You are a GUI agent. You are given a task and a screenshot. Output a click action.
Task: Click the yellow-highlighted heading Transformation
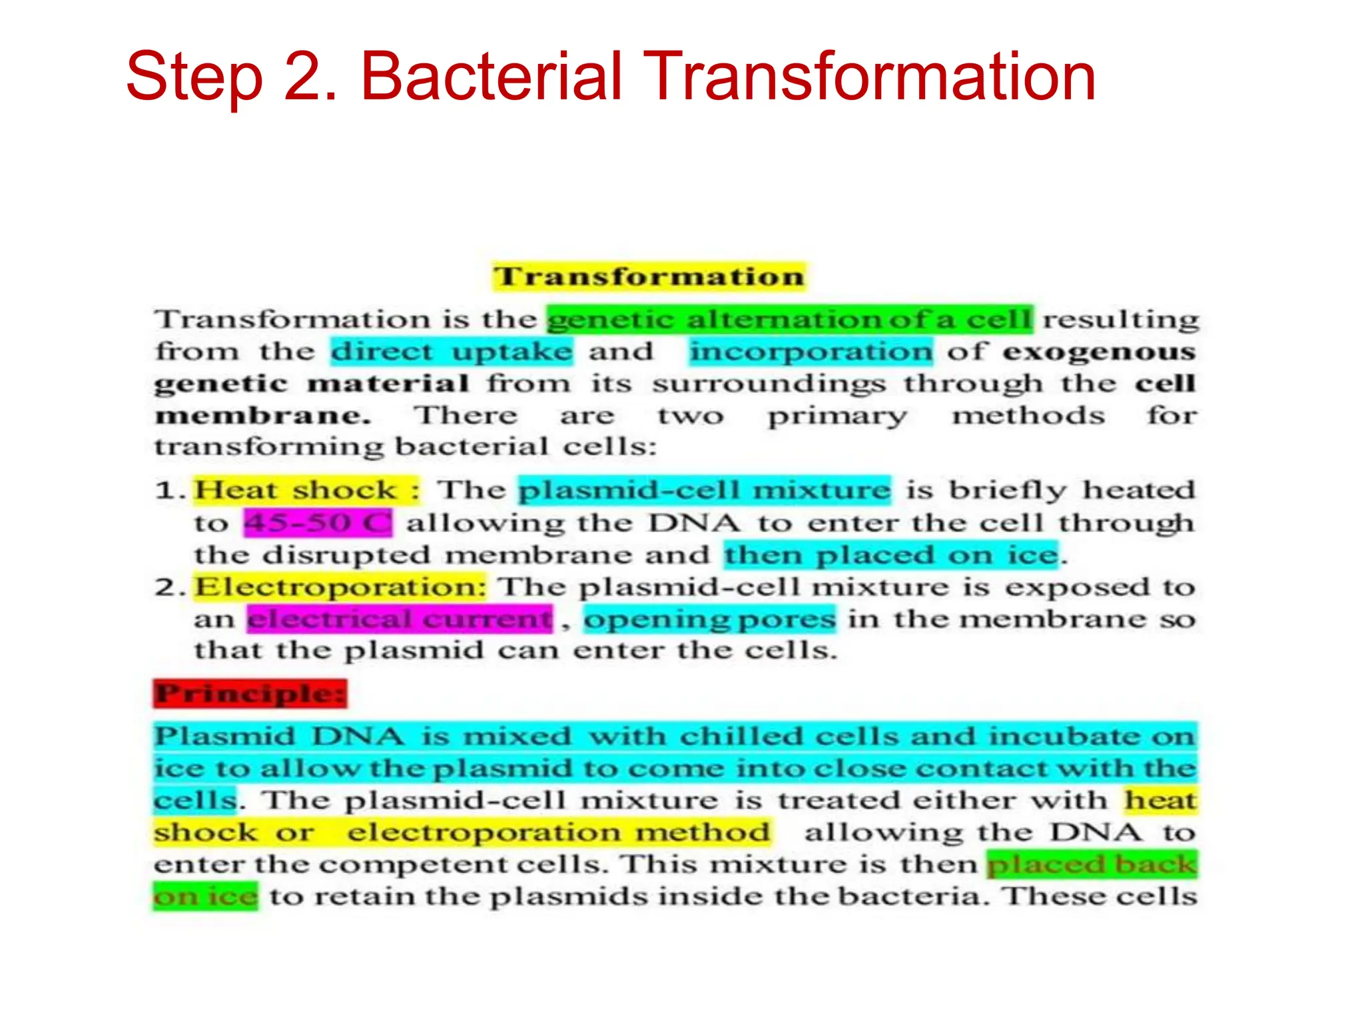[649, 276]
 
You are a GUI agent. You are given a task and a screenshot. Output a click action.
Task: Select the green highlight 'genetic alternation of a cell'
[790, 320]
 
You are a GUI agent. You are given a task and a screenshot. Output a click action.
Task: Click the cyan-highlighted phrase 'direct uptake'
[452, 352]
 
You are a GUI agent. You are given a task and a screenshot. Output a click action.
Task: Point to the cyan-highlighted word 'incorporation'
[811, 352]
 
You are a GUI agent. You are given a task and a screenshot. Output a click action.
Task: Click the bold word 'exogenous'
[1099, 352]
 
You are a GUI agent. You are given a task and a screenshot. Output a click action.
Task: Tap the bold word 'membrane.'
[263, 416]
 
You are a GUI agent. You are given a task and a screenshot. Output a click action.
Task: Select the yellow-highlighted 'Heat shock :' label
[307, 490]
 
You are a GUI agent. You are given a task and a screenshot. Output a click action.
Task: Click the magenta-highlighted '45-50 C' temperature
[318, 522]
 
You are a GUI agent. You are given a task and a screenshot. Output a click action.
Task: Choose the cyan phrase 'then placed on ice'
[891, 555]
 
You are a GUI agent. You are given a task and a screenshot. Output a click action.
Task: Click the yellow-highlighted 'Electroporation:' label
[340, 587]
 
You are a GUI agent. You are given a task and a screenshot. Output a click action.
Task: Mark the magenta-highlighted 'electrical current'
[400, 619]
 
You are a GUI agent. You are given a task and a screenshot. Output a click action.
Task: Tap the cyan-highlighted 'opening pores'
[709, 619]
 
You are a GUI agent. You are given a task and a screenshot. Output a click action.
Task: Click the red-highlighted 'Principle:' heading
[250, 693]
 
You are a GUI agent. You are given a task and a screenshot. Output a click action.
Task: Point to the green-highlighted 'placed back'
[1092, 864]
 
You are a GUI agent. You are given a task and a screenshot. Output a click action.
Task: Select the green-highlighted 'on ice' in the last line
[205, 896]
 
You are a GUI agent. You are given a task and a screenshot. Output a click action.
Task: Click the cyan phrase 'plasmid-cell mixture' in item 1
[704, 490]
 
